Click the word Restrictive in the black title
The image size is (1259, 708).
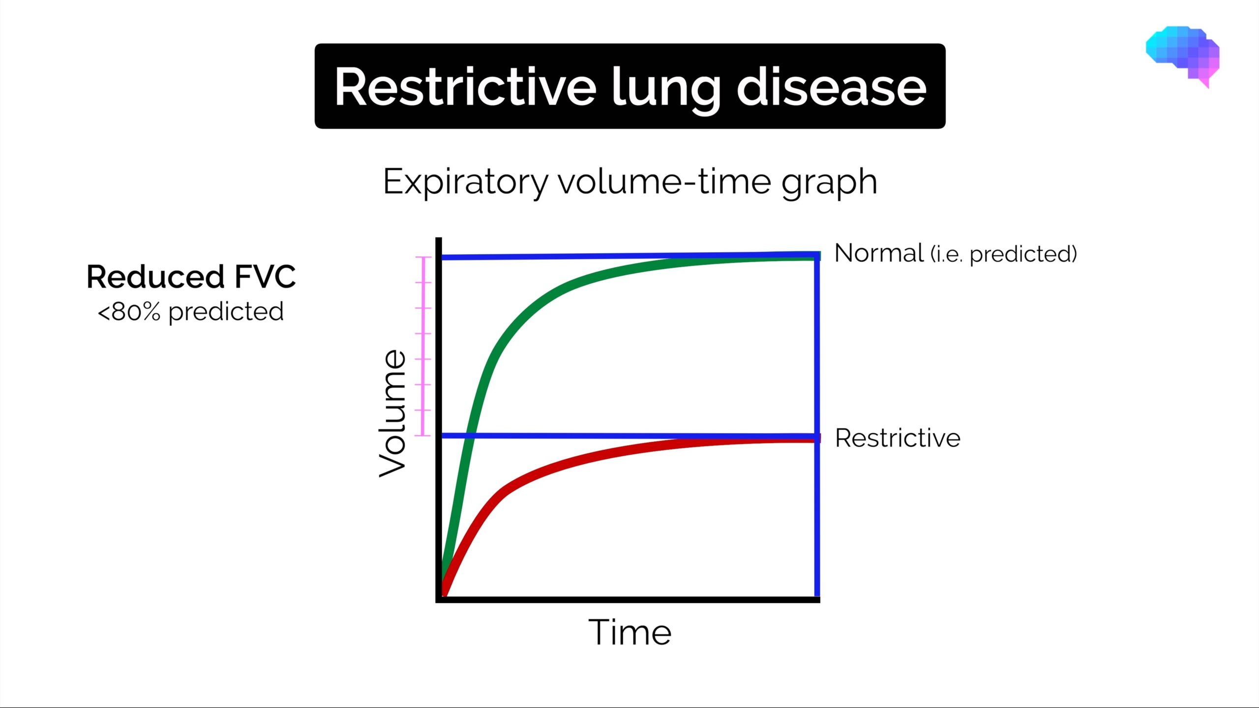[x=465, y=88]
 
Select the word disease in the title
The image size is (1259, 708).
[x=831, y=88]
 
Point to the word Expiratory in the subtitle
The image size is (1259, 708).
[x=465, y=182]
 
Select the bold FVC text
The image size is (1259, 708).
[x=265, y=276]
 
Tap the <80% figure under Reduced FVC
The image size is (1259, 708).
[x=129, y=312]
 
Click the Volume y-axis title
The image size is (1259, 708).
[x=392, y=413]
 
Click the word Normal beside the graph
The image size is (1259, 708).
[x=879, y=253]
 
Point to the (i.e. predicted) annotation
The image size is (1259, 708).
[x=1004, y=254]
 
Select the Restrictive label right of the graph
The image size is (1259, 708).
[x=898, y=438]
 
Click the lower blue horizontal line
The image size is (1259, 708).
[x=590, y=436]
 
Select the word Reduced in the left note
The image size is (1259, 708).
[x=155, y=276]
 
